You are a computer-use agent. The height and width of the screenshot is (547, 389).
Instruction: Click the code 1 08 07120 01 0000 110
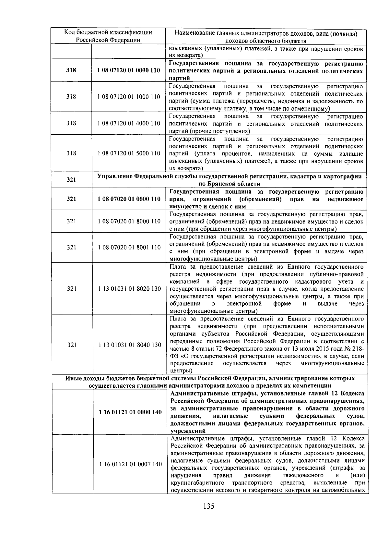click(129, 70)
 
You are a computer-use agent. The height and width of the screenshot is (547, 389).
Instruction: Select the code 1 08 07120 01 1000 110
click(129, 97)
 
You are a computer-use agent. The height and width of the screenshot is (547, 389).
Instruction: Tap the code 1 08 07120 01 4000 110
click(129, 123)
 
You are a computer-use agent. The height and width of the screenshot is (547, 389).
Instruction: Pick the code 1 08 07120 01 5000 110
click(129, 153)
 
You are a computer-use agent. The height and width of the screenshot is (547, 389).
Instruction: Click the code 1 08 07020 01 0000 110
click(129, 199)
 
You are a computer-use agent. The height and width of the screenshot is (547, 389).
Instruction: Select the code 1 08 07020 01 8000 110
click(129, 221)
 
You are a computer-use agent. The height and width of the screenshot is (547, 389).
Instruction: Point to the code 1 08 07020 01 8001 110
click(129, 247)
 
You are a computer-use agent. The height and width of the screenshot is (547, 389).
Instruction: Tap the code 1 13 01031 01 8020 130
click(129, 288)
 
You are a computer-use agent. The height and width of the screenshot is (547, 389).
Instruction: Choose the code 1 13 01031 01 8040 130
click(130, 345)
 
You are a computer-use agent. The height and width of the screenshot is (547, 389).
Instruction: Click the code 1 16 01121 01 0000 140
click(130, 412)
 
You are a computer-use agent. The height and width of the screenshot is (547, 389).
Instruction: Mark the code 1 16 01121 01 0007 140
click(130, 464)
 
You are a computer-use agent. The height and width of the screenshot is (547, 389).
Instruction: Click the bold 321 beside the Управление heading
click(71, 180)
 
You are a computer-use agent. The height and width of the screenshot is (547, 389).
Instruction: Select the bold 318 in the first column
click(71, 70)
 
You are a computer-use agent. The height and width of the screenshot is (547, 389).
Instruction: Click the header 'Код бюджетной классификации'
click(108, 32)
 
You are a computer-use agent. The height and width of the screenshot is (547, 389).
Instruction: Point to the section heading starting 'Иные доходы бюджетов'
click(210, 378)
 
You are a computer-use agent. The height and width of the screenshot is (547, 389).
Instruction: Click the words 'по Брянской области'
click(230, 184)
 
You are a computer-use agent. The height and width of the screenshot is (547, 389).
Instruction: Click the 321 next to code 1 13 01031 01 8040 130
click(72, 345)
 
